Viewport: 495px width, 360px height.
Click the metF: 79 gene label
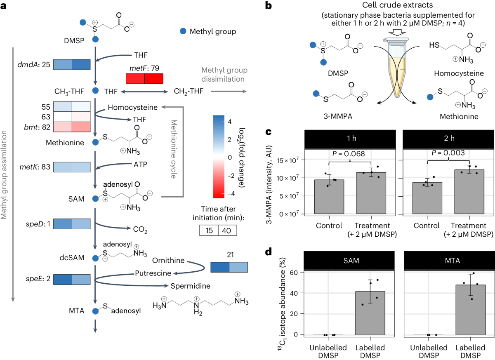tap(144, 68)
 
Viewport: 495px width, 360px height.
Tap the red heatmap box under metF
tap(144, 78)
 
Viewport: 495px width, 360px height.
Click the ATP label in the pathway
tap(140, 163)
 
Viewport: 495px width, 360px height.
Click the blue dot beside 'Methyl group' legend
tap(183, 31)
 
